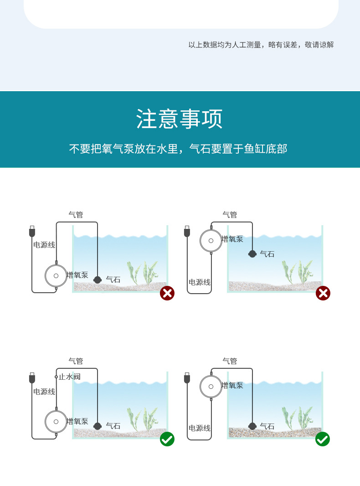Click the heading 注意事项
click(180, 119)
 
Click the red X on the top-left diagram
click(167, 293)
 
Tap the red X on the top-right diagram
click(323, 293)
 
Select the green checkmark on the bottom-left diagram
click(167, 439)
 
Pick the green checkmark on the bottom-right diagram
click(323, 439)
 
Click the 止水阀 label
click(69, 377)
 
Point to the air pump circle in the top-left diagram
click(56, 276)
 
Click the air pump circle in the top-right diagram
click(211, 240)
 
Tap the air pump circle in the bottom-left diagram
click(56, 422)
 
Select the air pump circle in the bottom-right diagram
click(211, 387)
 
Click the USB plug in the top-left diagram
click(32, 231)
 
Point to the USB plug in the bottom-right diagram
click(187, 378)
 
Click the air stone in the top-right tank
click(252, 254)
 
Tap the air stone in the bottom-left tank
click(97, 426)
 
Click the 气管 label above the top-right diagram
click(230, 214)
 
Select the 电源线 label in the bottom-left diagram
click(44, 392)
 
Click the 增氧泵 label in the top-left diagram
click(77, 275)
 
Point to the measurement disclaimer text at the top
click(261, 45)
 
